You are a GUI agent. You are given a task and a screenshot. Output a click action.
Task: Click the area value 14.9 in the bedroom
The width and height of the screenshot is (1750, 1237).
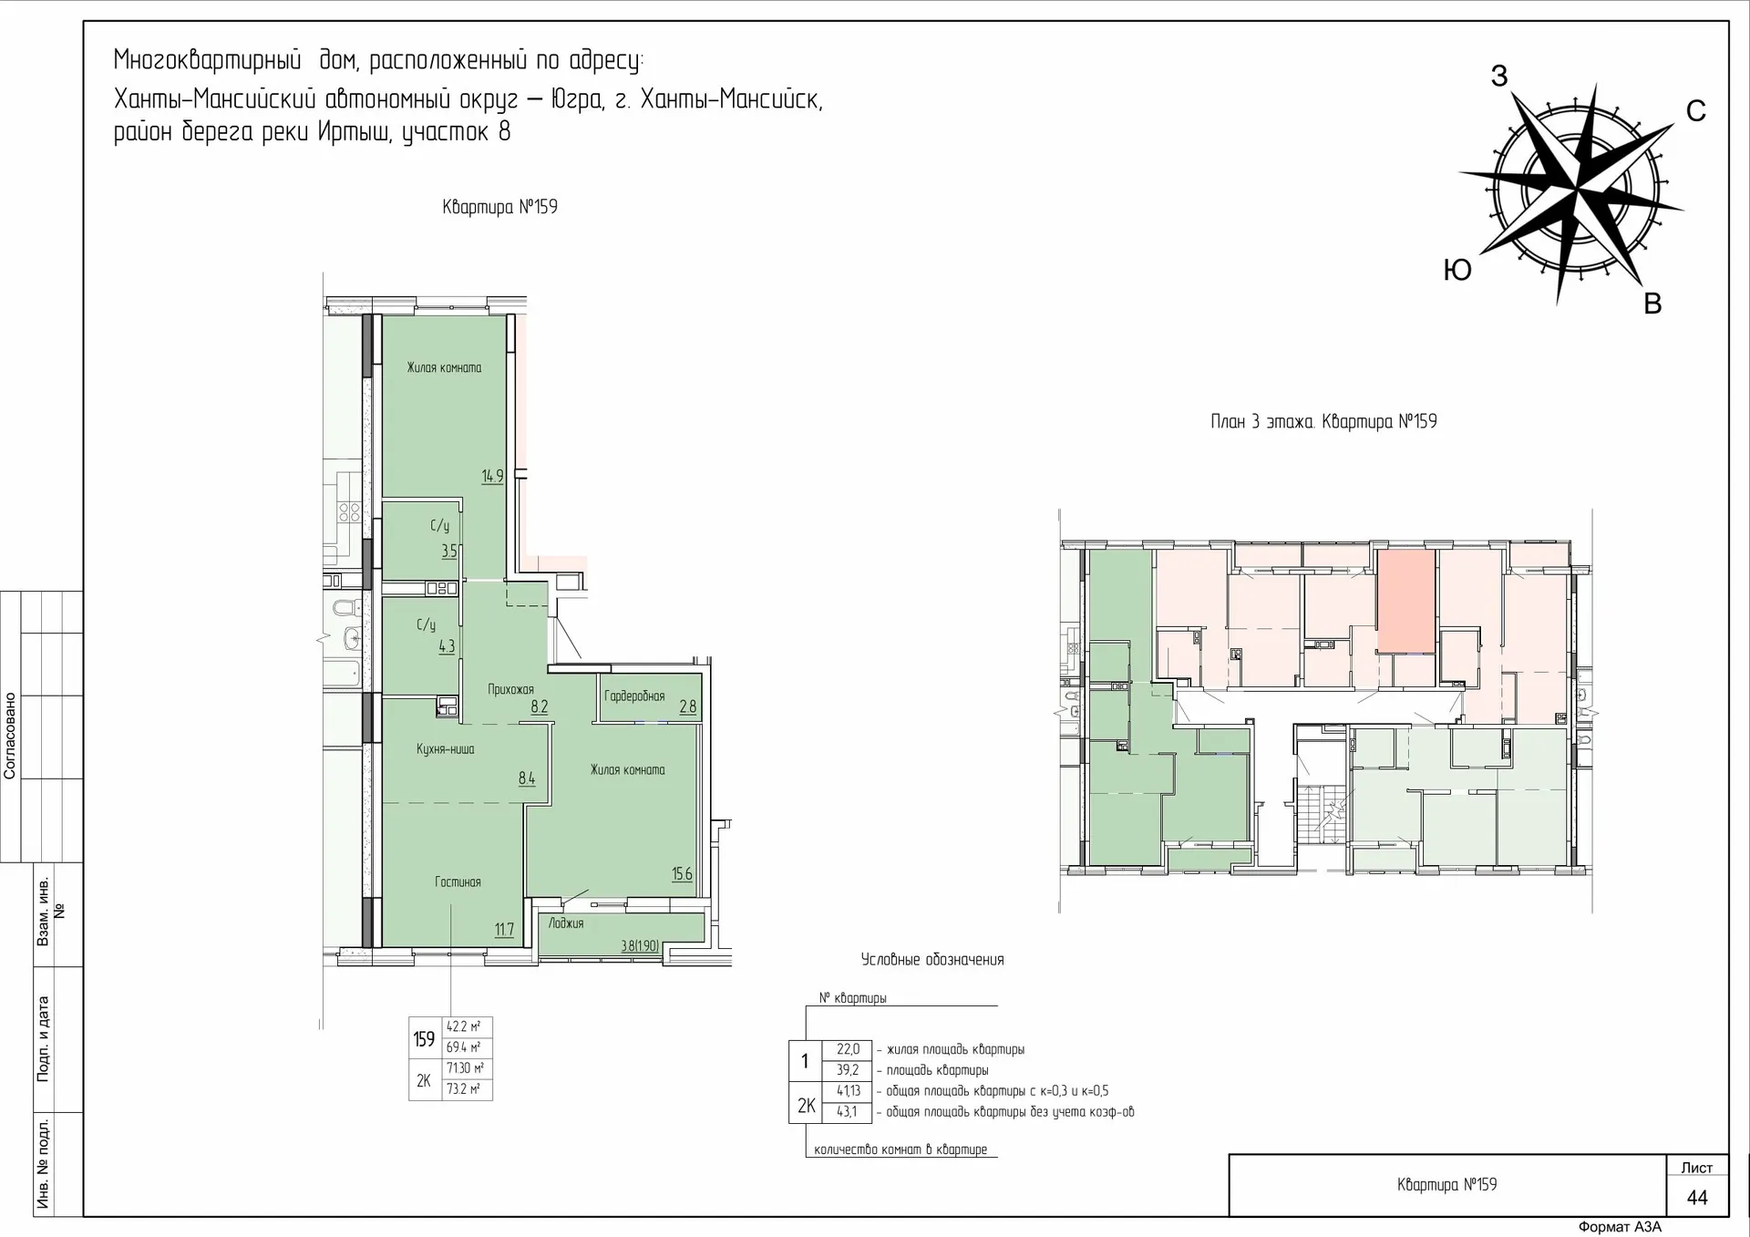pos(492,476)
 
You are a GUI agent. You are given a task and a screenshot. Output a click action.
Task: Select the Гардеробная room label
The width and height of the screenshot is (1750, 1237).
pos(634,696)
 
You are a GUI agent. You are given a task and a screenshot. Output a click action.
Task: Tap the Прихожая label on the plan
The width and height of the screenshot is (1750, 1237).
pos(510,690)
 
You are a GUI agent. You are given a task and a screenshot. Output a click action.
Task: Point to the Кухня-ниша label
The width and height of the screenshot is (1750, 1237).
pos(445,749)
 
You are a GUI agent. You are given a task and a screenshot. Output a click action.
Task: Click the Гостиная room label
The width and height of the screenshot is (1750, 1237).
pos(458,882)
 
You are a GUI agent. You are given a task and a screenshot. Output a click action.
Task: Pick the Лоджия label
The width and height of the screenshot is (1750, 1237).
pos(566,923)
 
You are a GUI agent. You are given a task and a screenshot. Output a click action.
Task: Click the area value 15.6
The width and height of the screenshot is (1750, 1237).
pos(682,874)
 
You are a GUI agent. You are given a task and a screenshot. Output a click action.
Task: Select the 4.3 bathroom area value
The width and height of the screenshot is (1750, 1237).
pos(447,646)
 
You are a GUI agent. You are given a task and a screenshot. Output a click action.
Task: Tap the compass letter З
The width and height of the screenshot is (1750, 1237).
pos(1498,77)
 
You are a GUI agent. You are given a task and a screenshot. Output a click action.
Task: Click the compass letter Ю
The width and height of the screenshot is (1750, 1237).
pos(1457,271)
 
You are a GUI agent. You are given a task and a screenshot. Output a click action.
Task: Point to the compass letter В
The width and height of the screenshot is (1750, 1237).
pos(1652,304)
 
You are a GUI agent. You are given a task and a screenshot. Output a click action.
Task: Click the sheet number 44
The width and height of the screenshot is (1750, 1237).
pos(1696,1198)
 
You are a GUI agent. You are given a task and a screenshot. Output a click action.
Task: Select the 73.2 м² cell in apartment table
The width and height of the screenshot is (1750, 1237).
pos(464,1089)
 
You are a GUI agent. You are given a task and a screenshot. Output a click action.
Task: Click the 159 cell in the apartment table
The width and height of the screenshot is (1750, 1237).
pos(424,1039)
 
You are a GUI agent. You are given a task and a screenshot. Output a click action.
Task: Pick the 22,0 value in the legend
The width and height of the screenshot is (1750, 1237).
pos(848,1050)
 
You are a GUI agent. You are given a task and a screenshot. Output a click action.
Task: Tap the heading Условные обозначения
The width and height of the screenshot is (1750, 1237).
pos(932,960)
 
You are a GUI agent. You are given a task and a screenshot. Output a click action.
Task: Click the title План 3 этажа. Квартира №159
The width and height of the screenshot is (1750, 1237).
pos(1323,422)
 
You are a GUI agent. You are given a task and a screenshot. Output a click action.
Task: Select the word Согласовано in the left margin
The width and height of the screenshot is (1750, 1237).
pos(10,736)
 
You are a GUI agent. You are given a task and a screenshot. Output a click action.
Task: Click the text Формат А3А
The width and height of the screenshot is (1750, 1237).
pos(1620,1227)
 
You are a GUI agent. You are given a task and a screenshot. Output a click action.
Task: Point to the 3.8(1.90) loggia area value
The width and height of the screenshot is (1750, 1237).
pos(640,946)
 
